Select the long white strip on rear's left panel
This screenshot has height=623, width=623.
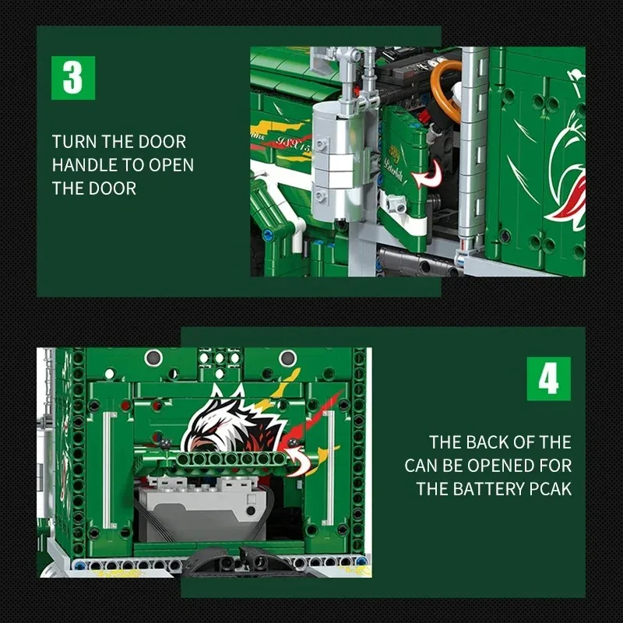pos(106,464)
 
